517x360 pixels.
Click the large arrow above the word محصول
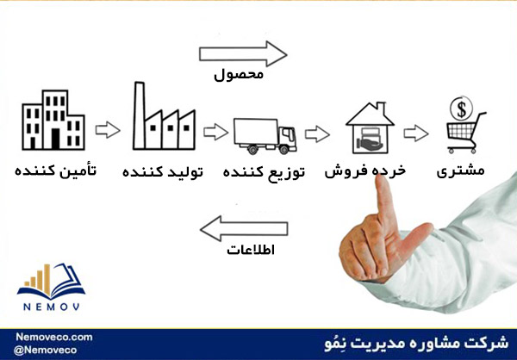pyautogui.click(x=243, y=53)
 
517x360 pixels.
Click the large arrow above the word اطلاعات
pyautogui.click(x=244, y=228)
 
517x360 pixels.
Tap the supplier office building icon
pyautogui.click(x=53, y=120)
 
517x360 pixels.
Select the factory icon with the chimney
pyautogui.click(x=164, y=115)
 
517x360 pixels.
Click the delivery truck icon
pyautogui.click(x=265, y=136)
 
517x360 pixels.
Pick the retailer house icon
pyautogui.click(x=370, y=127)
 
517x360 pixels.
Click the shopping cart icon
pyautogui.click(x=466, y=133)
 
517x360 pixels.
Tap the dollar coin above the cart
pyautogui.click(x=462, y=109)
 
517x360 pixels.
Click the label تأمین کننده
pyautogui.click(x=55, y=171)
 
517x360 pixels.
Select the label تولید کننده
pyautogui.click(x=163, y=171)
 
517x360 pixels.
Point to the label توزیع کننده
pyautogui.click(x=264, y=171)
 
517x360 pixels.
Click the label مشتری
pyautogui.click(x=461, y=171)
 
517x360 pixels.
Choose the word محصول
pyautogui.click(x=239, y=75)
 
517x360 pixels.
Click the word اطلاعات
pyautogui.click(x=251, y=250)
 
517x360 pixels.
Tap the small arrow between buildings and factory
pyautogui.click(x=108, y=130)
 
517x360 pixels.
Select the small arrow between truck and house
pyautogui.click(x=317, y=133)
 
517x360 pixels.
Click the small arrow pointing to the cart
pyautogui.click(x=416, y=133)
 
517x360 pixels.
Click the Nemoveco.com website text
pyautogui.click(x=54, y=338)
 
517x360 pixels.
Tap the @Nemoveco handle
pyautogui.click(x=45, y=351)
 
